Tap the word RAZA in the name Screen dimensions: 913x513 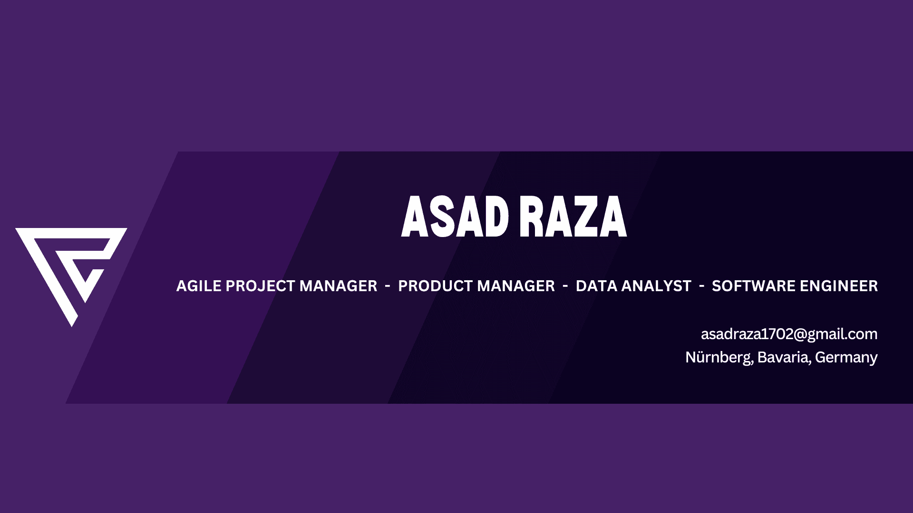point(573,217)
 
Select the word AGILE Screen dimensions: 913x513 point(199,286)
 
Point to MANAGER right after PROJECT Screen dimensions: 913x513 point(338,286)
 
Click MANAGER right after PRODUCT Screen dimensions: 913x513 point(516,286)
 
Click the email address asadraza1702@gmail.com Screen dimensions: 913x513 point(789,334)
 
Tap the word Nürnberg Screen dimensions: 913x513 point(719,358)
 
